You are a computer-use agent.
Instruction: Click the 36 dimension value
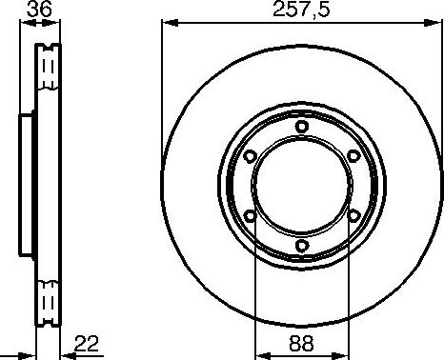[39, 11]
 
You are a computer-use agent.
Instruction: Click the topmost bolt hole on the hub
[301, 126]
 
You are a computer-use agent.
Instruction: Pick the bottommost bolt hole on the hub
[301, 246]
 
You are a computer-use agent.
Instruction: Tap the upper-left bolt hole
[250, 156]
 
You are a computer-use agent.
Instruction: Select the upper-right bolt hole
[353, 156]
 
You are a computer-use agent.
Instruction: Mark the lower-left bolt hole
[250, 216]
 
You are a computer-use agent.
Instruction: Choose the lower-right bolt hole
[353, 216]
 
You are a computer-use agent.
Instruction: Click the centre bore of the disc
[301, 186]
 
